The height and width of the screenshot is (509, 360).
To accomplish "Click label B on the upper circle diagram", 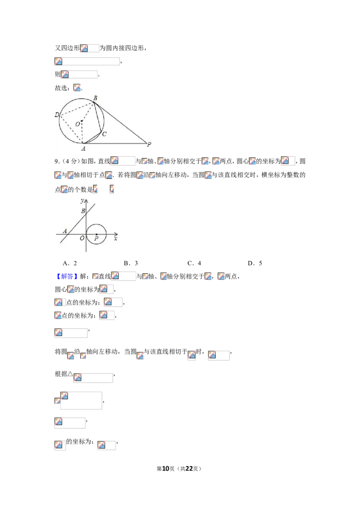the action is point(95,98).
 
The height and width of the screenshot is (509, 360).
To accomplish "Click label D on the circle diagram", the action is point(57,115).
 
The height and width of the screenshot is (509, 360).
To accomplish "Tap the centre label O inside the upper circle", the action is point(78,124).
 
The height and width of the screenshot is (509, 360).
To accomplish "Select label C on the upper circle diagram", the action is point(104,134).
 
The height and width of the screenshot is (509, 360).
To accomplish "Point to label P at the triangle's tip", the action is point(149,144).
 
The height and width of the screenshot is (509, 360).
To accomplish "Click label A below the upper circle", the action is point(84,149).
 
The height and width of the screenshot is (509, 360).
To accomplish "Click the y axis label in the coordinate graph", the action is point(82,201).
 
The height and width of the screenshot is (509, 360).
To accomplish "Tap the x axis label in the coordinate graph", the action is point(115,239).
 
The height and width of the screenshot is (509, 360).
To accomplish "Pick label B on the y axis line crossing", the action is point(83,211).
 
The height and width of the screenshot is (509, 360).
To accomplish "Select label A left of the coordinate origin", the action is point(65,231).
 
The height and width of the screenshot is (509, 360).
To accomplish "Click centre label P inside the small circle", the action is point(96,239).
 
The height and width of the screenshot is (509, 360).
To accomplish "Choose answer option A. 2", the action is point(70,263).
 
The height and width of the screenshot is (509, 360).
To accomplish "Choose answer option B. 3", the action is point(131,263).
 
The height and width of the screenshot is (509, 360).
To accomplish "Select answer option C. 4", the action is point(194,263).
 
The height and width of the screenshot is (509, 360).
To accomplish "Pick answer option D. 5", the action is point(255,263).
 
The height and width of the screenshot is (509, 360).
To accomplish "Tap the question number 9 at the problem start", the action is point(56,161).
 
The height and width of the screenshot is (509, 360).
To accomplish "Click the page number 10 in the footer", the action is point(166,469).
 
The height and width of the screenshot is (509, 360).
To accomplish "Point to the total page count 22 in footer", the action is point(189,469).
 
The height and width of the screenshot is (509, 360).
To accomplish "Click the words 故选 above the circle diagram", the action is point(61,88).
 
